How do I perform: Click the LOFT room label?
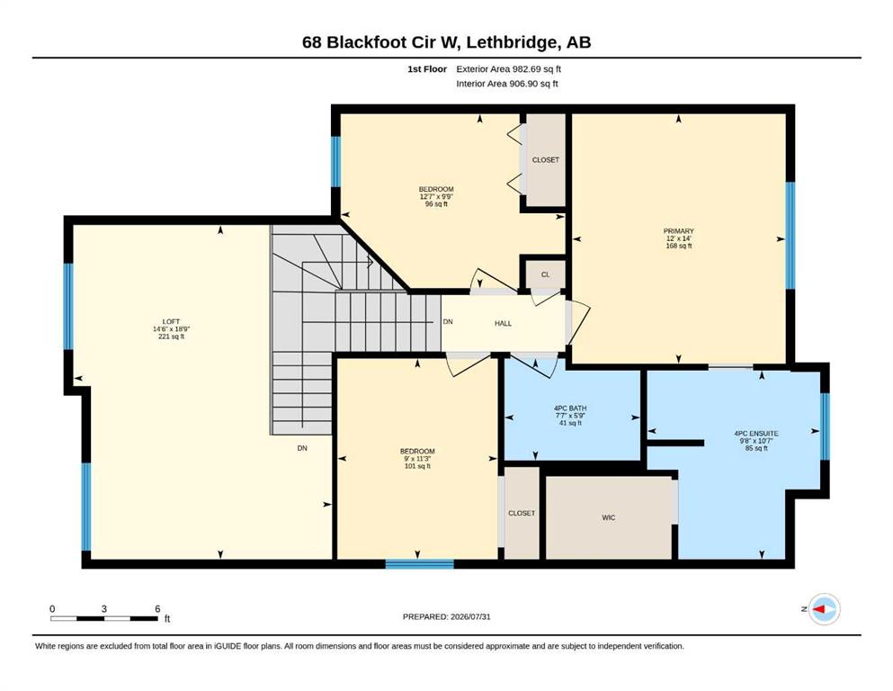[x=171, y=321]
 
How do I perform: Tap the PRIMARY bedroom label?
[x=678, y=230]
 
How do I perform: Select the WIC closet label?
[x=608, y=517]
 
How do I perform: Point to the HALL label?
[x=503, y=323]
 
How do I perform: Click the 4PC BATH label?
[x=570, y=408]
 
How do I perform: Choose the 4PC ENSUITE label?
[x=756, y=433]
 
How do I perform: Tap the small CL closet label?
[x=546, y=274]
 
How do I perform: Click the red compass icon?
[x=824, y=609]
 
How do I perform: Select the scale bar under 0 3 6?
[x=104, y=618]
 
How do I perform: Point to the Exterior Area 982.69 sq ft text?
[x=509, y=69]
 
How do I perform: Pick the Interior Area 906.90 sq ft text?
[x=507, y=84]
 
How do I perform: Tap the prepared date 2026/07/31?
[x=470, y=616]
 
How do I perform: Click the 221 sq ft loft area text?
[x=171, y=337]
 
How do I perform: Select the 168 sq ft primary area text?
[x=678, y=246]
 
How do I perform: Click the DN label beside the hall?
[x=448, y=321]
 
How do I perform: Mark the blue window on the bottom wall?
[x=419, y=564]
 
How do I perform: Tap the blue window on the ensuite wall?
[x=825, y=426]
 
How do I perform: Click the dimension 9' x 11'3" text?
[x=417, y=458]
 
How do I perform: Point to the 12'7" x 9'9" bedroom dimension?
[x=436, y=196]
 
